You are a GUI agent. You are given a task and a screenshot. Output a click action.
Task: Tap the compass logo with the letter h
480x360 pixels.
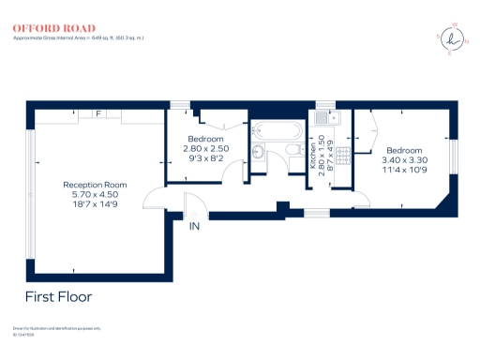click(456, 38)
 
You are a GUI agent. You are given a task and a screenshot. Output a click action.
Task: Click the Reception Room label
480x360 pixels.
click(95, 185)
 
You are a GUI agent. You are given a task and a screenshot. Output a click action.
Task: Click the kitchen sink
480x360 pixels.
click(325, 119)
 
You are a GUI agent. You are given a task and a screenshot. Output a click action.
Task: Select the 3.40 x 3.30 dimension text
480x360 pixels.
click(404, 160)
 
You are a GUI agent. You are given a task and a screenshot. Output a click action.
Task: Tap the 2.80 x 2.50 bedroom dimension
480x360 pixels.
click(207, 149)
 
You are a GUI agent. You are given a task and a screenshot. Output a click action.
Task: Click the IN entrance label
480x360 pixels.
click(195, 226)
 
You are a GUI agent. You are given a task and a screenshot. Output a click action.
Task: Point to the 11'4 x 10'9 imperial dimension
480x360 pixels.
click(404, 171)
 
